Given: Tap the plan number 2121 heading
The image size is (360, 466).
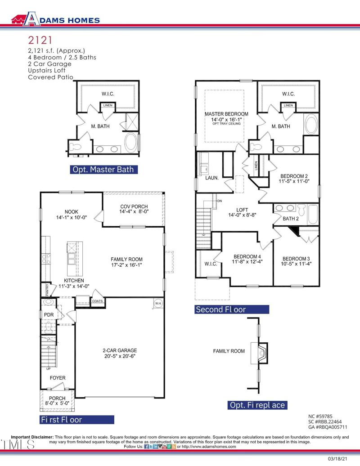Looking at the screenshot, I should pyautogui.click(x=42, y=41).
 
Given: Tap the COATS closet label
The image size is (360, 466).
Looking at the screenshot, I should pyautogui.click(x=98, y=301).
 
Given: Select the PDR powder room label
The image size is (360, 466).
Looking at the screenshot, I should pyautogui.click(x=49, y=314).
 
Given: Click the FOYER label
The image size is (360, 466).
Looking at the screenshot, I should pyautogui.click(x=58, y=378).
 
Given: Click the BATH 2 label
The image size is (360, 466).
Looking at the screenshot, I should pyautogui.click(x=291, y=219).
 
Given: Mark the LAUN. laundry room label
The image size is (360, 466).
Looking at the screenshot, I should pyautogui.click(x=212, y=178).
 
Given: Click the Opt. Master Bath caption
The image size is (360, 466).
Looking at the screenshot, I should pyautogui.click(x=103, y=170).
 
